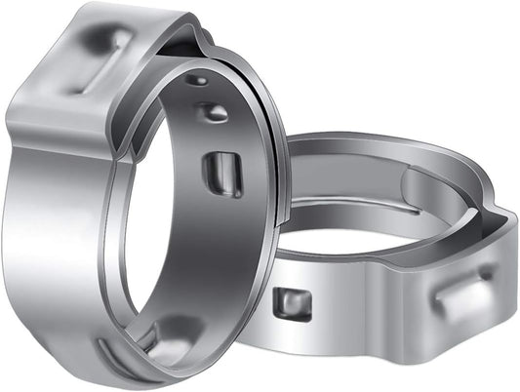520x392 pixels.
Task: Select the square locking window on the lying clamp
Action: coord(292,303)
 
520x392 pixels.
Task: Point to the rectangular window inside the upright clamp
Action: coord(223,174)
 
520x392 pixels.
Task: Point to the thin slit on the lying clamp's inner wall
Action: coord(361,206)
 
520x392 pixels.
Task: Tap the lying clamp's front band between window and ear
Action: coord(371,312)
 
